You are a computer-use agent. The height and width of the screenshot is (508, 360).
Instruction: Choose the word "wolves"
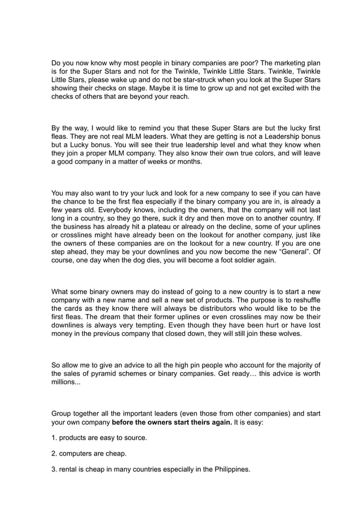(x=287, y=334)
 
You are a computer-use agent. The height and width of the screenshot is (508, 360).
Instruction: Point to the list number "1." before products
(x=54, y=438)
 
